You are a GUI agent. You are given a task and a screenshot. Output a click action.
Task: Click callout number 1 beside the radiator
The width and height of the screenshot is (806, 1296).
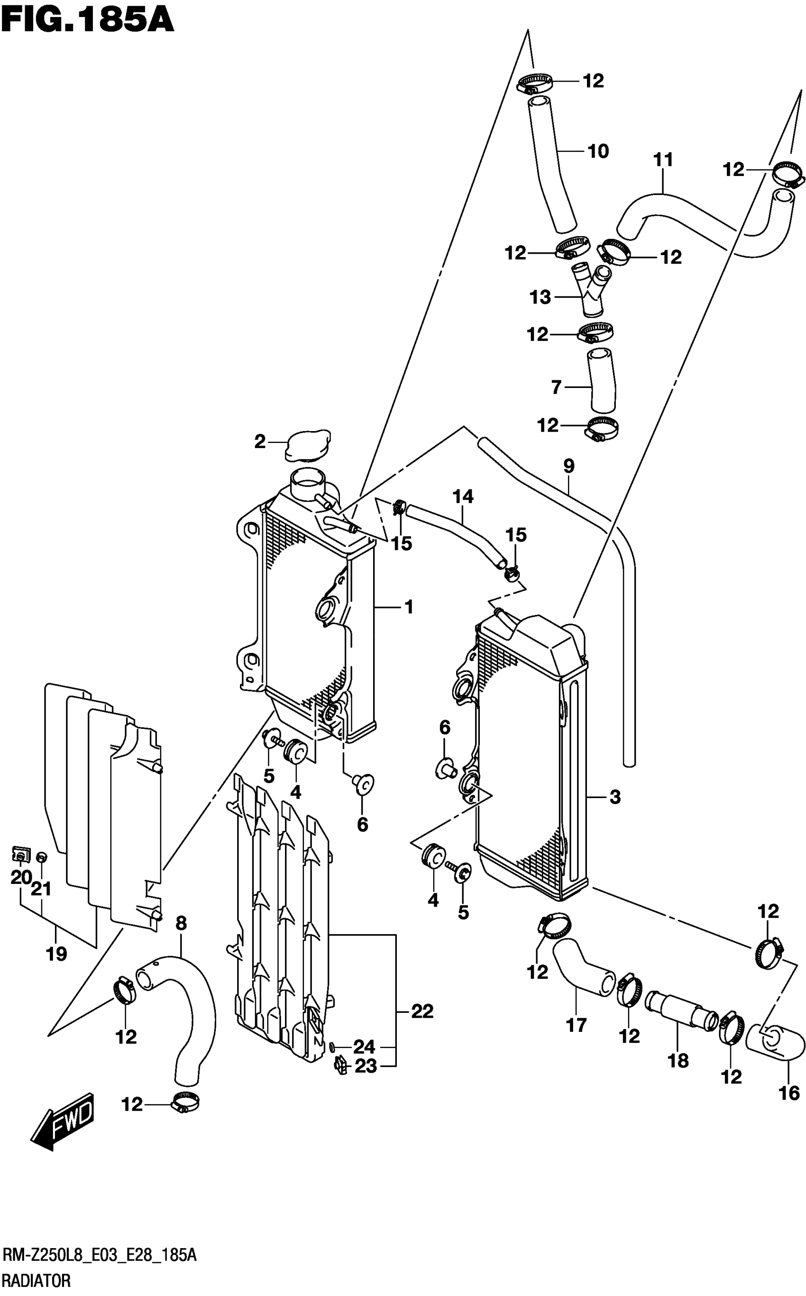409,607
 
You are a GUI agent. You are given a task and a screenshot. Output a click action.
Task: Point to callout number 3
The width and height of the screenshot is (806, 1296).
615,797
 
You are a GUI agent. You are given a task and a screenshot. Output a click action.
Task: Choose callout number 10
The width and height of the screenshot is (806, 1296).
598,151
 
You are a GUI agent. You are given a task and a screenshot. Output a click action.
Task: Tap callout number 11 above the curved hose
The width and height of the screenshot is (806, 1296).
663,159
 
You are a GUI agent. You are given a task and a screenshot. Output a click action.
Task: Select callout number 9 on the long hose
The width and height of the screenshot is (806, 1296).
569,466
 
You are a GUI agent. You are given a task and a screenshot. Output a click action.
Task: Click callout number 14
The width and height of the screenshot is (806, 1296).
463,496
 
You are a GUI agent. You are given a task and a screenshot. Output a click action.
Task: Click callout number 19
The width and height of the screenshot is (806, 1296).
56,953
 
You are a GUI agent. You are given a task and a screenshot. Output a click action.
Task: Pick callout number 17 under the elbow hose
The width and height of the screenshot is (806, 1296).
576,1025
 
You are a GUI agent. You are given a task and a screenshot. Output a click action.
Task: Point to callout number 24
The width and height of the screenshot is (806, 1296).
364,1047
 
